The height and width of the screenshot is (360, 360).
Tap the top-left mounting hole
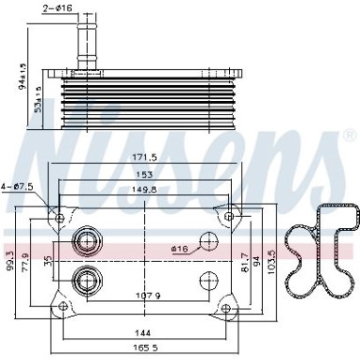click(x=60, y=219)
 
